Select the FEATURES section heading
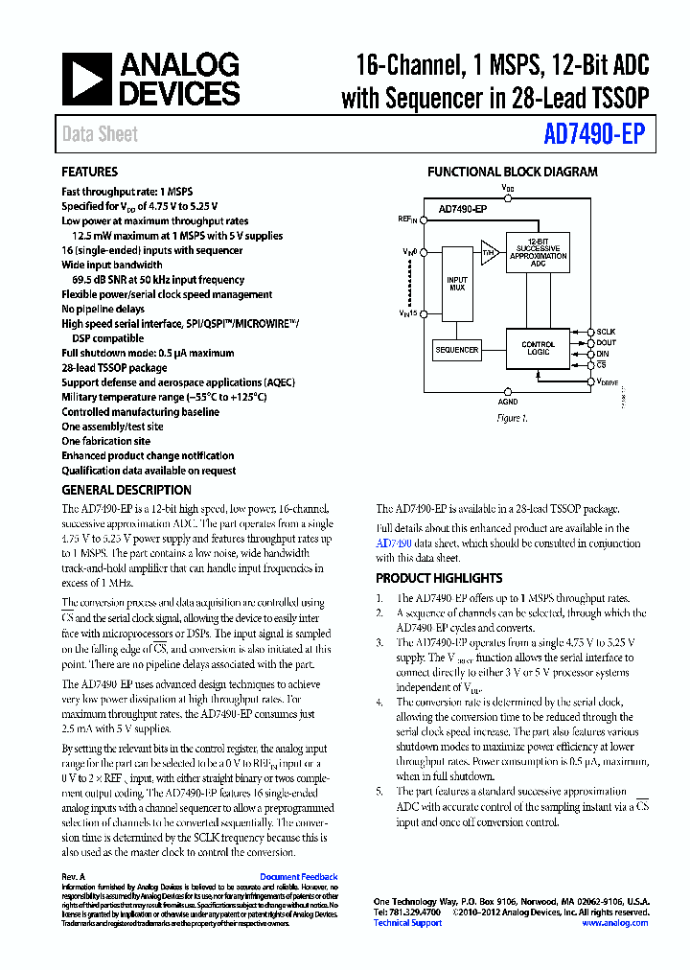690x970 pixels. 90,173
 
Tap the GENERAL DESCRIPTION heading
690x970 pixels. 126,490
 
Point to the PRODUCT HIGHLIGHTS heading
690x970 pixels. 439,578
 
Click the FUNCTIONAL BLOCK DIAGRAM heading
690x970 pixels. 512,173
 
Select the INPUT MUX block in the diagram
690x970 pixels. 457,285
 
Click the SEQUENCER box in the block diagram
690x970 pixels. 457,350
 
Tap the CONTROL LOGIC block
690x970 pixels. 538,348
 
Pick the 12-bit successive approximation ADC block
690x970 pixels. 538,252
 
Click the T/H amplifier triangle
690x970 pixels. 490,252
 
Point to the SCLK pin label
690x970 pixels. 606,332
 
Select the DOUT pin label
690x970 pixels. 606,343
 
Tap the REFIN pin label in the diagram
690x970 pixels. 408,219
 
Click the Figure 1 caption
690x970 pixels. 510,418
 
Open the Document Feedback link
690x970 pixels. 299,877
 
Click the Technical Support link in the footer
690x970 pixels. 407,923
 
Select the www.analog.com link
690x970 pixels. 615,923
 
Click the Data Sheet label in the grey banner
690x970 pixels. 100,134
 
